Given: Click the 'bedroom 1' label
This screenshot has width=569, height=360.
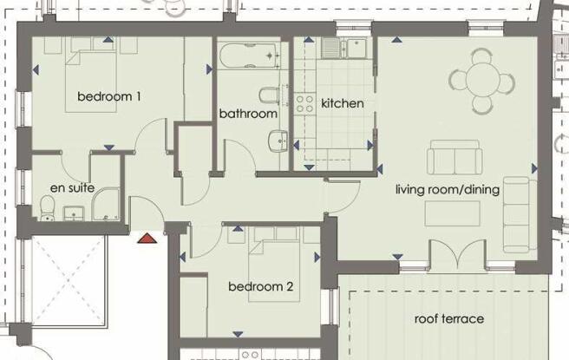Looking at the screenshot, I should (109, 96).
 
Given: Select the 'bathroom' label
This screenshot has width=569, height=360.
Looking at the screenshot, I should (248, 114).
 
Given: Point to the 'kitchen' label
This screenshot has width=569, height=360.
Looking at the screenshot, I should (342, 103).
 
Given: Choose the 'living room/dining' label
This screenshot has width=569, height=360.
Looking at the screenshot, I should (448, 189).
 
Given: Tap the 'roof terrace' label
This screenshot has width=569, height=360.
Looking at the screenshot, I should (448, 319).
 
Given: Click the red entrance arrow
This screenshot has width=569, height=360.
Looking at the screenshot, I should (147, 235).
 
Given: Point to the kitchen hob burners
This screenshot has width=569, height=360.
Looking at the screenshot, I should (305, 104).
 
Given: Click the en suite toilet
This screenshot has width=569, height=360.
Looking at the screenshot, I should (49, 206).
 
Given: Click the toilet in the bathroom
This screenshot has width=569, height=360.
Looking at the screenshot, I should (268, 94).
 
